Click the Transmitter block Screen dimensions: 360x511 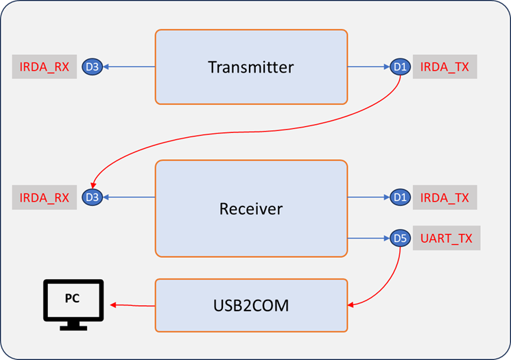(251, 67)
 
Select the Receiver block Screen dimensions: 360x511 (251, 208)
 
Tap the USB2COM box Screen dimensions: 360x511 (251, 305)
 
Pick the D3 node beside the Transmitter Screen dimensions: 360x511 (91, 67)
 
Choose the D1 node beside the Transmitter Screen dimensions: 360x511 (400, 67)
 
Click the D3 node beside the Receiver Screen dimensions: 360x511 (91, 197)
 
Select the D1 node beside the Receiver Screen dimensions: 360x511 (400, 197)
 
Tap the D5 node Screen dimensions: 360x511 (400, 239)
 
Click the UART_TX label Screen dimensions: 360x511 (447, 238)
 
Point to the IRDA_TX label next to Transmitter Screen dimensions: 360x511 (445, 67)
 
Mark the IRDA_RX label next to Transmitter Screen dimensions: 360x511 (45, 67)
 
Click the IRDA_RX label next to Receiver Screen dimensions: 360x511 (45, 197)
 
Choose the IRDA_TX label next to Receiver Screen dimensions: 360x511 (445, 197)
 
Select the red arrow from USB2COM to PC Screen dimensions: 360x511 (133, 305)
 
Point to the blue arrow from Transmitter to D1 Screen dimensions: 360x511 (369, 67)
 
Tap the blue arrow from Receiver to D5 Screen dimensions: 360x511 (369, 239)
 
